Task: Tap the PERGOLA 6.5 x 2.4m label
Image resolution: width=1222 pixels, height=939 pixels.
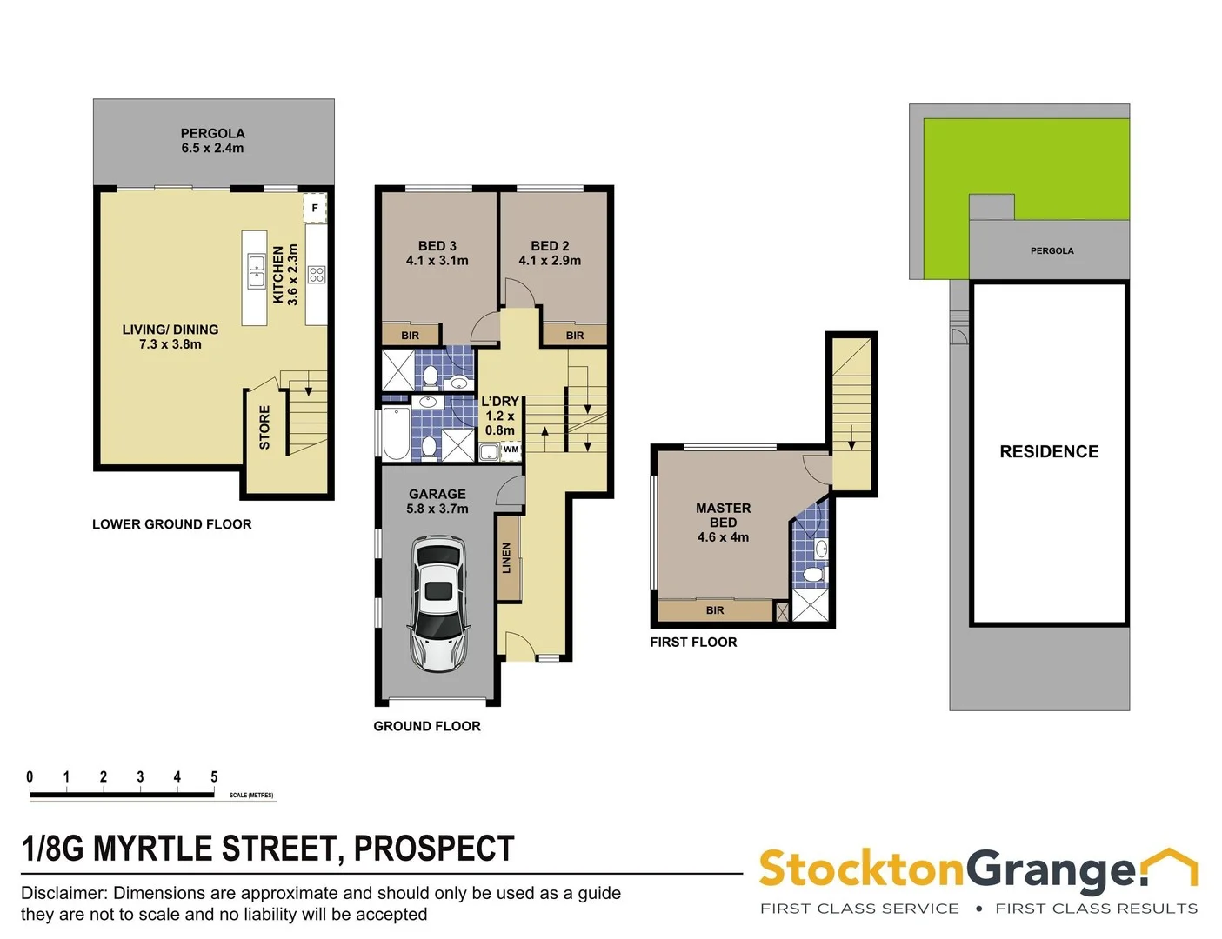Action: click(212, 141)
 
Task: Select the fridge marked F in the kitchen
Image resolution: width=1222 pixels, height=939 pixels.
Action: click(315, 209)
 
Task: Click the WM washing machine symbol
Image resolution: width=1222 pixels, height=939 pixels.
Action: click(511, 450)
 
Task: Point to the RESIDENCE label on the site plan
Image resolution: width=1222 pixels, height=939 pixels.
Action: click(1049, 452)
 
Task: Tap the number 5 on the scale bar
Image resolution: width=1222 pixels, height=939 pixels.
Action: click(214, 776)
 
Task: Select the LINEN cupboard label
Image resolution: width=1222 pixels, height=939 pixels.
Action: click(507, 557)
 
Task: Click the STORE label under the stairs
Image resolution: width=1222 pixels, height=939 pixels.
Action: click(264, 427)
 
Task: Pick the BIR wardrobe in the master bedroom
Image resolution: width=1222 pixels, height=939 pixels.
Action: click(714, 610)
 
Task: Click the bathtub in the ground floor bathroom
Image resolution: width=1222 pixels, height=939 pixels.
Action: click(396, 433)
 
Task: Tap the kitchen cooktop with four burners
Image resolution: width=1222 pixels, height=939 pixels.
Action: click(317, 276)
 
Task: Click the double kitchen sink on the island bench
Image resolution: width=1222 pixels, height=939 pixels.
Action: click(257, 270)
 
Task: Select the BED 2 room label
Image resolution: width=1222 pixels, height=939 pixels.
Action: click(550, 253)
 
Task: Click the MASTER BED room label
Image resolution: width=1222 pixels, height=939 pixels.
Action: click(723, 522)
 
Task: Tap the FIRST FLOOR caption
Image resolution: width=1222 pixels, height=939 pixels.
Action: click(693, 643)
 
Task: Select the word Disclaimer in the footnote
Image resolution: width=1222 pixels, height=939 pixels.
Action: click(64, 893)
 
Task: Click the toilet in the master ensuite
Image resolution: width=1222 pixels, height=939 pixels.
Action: click(813, 575)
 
